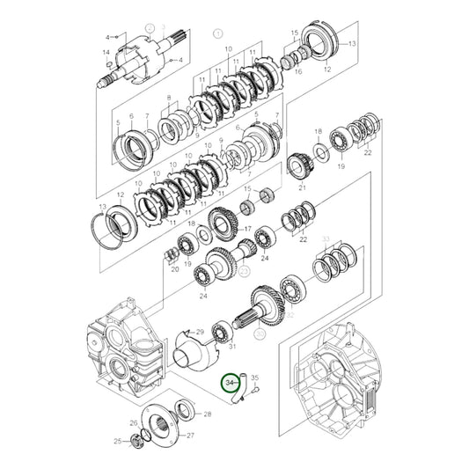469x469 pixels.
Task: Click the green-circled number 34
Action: (231, 383)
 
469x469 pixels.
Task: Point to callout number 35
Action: (256, 378)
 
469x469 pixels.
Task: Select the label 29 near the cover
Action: (201, 331)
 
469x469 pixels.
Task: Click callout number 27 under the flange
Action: (191, 435)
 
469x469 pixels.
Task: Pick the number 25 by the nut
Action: (117, 441)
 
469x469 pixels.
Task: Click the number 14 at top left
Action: (106, 53)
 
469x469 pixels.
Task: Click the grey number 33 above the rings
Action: (326, 238)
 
